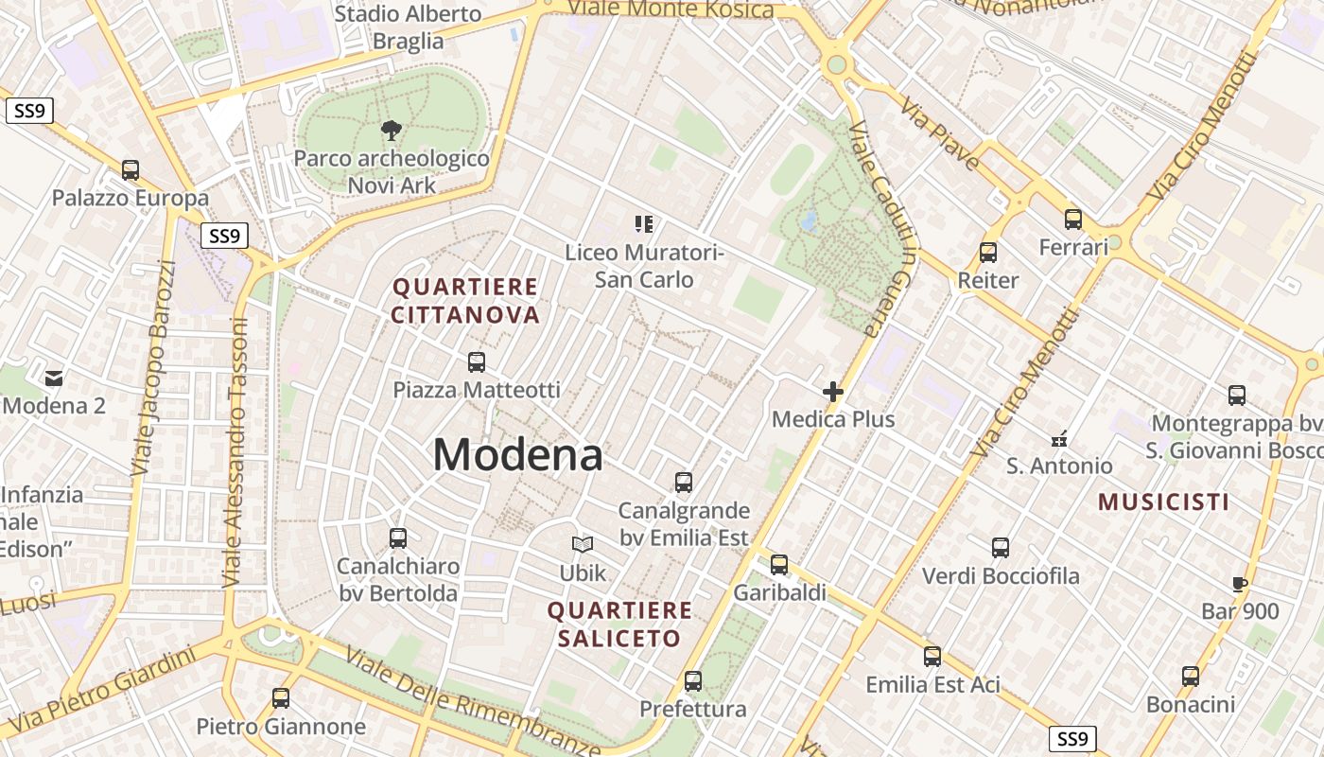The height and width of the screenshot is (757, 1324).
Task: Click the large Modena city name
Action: coord(517,455)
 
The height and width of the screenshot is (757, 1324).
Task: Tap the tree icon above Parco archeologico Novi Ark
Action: coord(390,131)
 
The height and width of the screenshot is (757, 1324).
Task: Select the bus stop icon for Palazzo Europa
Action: coord(131,170)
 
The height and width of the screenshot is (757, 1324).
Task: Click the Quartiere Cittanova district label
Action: coord(465,301)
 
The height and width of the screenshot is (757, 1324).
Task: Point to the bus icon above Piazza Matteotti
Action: coord(477,361)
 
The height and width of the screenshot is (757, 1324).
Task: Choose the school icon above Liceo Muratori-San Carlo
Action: coord(644,224)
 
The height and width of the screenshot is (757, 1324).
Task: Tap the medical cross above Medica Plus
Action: coord(833,392)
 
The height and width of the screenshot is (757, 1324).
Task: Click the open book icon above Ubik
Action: coord(583,545)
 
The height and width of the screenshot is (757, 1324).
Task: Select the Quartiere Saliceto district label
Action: coord(619,625)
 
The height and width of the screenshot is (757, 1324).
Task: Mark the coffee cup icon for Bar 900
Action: coord(1240,584)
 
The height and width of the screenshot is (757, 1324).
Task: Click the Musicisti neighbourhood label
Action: coord(1163,502)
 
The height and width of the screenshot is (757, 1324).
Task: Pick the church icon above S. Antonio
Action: coord(1059,438)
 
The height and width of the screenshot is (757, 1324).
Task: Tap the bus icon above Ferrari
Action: coord(1073,220)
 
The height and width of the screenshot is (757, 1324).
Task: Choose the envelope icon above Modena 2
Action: coord(54,378)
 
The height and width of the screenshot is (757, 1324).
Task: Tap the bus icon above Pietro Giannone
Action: coord(281,698)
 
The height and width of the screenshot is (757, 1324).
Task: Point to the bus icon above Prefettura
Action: coord(693,681)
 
